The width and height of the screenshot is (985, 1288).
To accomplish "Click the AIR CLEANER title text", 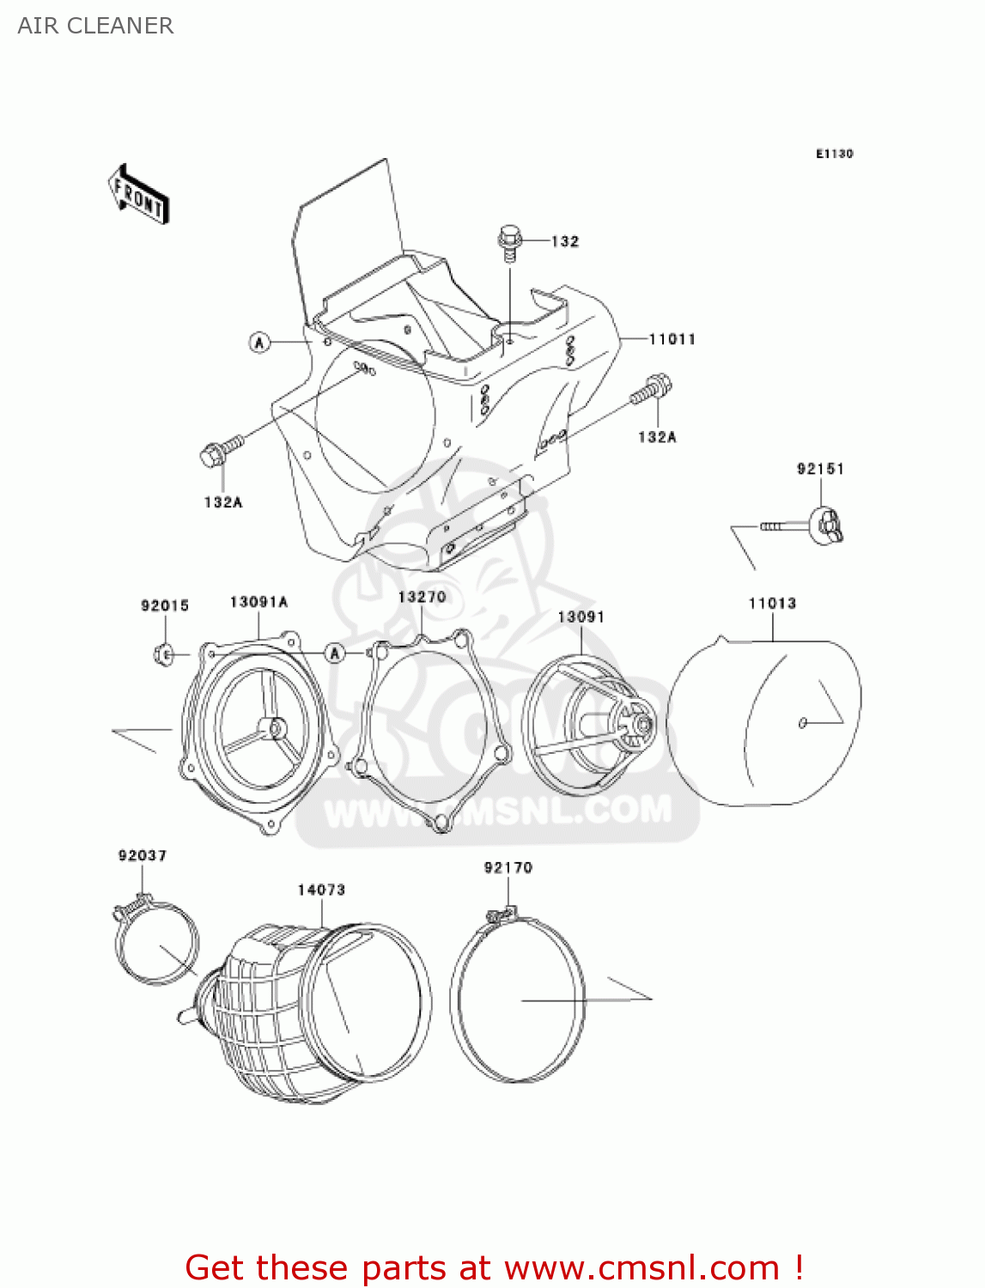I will [x=95, y=26].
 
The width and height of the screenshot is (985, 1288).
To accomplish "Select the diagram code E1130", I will [x=834, y=154].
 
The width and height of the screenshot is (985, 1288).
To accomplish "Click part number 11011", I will [x=672, y=339].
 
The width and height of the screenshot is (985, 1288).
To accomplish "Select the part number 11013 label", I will [x=772, y=604].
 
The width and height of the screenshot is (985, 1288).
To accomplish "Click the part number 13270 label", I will [x=422, y=597].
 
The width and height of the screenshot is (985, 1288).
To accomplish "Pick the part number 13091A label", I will [x=258, y=602].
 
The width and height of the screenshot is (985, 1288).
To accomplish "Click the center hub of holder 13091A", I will [x=277, y=727].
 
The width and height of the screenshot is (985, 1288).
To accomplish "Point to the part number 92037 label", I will [x=143, y=855].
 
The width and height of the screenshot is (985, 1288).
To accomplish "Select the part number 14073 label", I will [x=321, y=890].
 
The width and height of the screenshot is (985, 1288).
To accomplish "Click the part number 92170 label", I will [x=508, y=867].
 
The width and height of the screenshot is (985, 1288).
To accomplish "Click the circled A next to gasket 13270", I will [x=335, y=654].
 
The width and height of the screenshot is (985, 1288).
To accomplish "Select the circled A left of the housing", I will [x=259, y=343].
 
